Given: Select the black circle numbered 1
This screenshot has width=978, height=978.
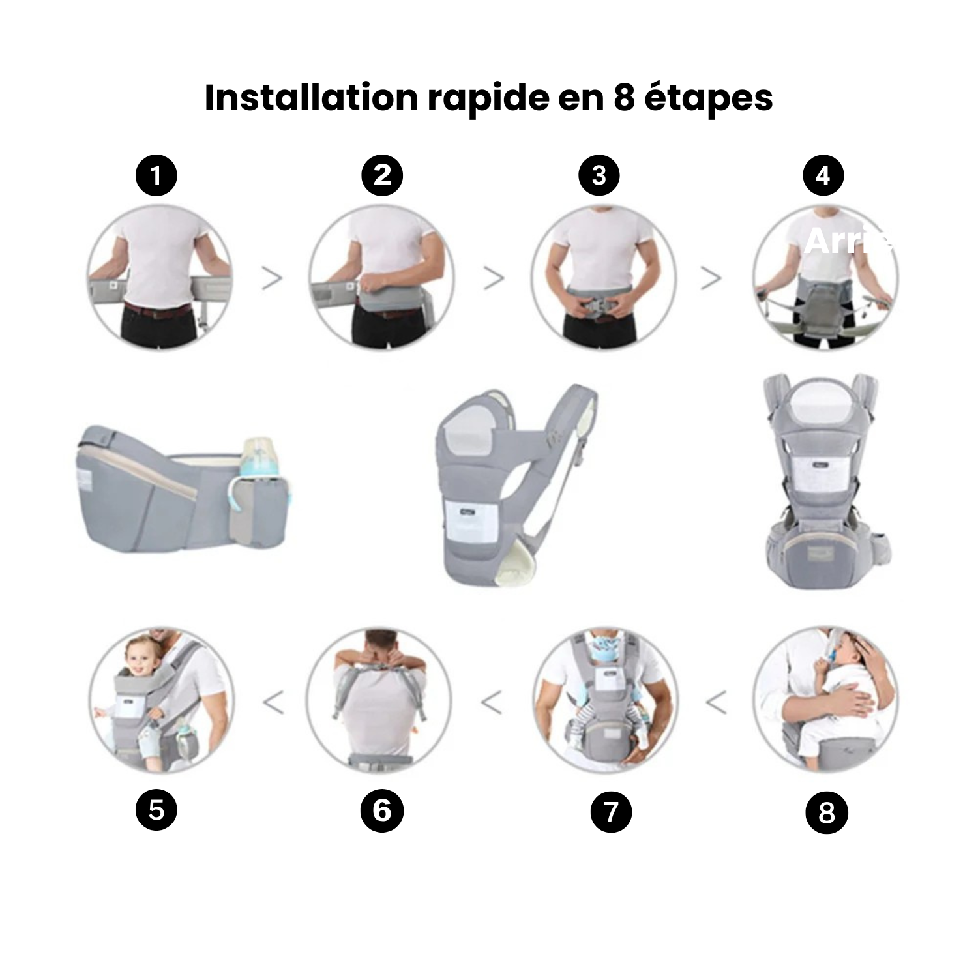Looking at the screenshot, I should pyautogui.click(x=156, y=175).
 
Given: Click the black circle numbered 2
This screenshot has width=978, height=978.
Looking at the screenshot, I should pyautogui.click(x=383, y=175).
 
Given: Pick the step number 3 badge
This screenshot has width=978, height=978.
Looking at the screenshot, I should pyautogui.click(x=599, y=175).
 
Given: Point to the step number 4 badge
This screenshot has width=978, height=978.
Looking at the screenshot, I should pyautogui.click(x=823, y=175).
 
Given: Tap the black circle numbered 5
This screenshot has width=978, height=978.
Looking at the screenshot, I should pyautogui.click(x=156, y=810).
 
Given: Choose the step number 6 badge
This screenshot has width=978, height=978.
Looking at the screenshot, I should pyautogui.click(x=382, y=811).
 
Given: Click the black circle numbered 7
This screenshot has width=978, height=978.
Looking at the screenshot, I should pyautogui.click(x=611, y=812).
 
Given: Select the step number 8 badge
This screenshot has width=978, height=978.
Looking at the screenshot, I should pyautogui.click(x=827, y=813).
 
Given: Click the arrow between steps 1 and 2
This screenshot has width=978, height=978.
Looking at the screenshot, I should pyautogui.click(x=272, y=278).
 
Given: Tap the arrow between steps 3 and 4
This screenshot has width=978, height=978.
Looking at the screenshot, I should pyautogui.click(x=711, y=278).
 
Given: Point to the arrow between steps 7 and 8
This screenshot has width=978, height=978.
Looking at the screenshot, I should pyautogui.click(x=716, y=703).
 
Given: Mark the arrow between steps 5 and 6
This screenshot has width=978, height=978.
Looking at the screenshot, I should pyautogui.click(x=274, y=703).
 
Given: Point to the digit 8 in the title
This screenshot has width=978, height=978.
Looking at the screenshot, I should pyautogui.click(x=624, y=98).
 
